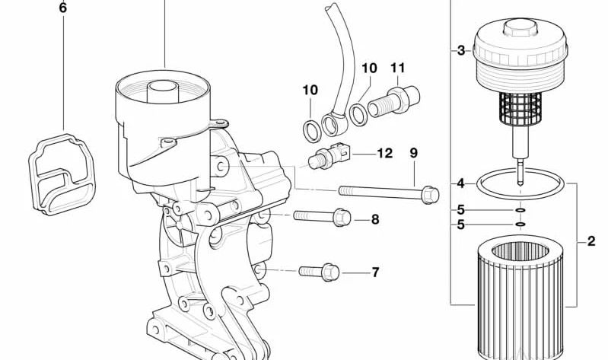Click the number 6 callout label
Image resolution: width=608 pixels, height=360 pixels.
tap(62, 9)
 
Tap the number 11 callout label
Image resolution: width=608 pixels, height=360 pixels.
tap(398, 68)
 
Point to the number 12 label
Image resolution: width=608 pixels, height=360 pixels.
tap(384, 154)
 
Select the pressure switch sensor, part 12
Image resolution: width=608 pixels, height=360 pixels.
tap(328, 158)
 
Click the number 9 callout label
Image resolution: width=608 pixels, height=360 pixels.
tap(413, 153)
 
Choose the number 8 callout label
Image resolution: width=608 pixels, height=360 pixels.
tap(374, 220)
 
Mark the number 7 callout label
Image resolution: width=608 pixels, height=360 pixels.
tap(374, 272)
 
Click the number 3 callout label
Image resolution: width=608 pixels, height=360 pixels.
tap(460, 51)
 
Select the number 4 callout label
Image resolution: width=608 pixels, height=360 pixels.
tap(460, 183)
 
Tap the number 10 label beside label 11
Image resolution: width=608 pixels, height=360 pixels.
tap(368, 68)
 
